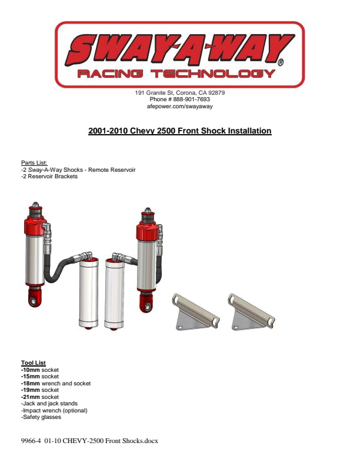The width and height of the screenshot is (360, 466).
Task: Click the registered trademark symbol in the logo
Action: click(x=280, y=62)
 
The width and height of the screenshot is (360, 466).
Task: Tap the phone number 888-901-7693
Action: click(x=192, y=99)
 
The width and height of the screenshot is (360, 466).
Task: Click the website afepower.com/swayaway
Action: click(x=179, y=106)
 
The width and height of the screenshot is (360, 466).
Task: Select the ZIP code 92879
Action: click(x=216, y=93)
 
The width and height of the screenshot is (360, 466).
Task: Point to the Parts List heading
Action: click(x=34, y=163)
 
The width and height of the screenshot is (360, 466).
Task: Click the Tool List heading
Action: click(x=34, y=363)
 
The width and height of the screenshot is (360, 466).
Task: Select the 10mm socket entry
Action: click(x=40, y=370)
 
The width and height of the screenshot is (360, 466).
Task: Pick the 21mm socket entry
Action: click(x=40, y=397)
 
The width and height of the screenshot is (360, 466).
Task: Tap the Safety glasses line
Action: click(x=41, y=417)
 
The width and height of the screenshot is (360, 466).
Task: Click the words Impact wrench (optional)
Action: click(x=55, y=411)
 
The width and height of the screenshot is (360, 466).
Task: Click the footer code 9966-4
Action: click(x=31, y=441)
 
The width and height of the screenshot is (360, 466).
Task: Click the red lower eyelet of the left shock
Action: click(x=35, y=298)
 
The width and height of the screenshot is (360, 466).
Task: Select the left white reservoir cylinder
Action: click(x=88, y=293)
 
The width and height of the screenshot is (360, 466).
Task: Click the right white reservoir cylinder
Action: click(x=114, y=294)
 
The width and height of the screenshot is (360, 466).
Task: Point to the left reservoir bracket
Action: click(x=195, y=313)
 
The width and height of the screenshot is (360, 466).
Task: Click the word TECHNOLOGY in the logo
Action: click(x=213, y=74)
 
